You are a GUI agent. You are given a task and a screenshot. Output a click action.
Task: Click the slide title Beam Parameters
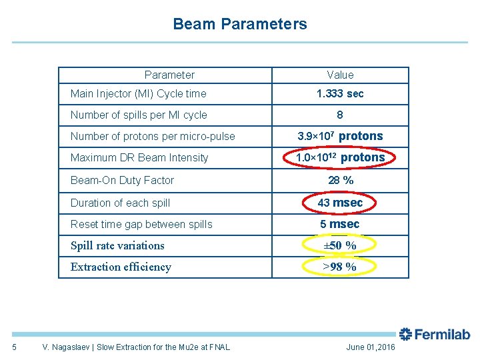(240, 25)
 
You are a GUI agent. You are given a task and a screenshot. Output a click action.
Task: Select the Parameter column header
(169, 75)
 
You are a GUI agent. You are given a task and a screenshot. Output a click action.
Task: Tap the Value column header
(340, 75)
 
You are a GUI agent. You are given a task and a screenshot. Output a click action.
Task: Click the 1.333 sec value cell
(340, 94)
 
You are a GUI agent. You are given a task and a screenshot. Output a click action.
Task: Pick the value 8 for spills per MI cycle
(340, 115)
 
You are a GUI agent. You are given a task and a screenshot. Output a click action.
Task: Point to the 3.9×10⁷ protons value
(340, 137)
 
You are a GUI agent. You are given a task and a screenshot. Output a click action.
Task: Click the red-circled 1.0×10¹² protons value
(340, 158)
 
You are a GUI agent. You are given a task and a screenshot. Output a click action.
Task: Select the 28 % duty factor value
(340, 181)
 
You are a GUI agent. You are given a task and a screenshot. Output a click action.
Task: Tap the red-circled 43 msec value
(340, 203)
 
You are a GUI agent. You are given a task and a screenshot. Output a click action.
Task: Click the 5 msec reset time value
(340, 225)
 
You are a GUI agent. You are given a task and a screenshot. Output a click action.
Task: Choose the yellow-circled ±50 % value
(340, 246)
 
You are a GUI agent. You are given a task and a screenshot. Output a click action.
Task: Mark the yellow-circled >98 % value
(340, 267)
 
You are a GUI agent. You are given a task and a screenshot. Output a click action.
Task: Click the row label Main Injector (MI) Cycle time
(139, 94)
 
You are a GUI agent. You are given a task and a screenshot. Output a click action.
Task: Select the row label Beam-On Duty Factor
(122, 181)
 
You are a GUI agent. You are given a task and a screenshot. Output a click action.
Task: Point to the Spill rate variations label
(117, 246)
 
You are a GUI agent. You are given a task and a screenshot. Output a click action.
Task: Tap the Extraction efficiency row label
(121, 267)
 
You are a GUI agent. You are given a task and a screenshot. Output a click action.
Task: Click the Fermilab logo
(434, 334)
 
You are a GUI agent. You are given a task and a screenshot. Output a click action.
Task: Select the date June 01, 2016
(371, 347)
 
